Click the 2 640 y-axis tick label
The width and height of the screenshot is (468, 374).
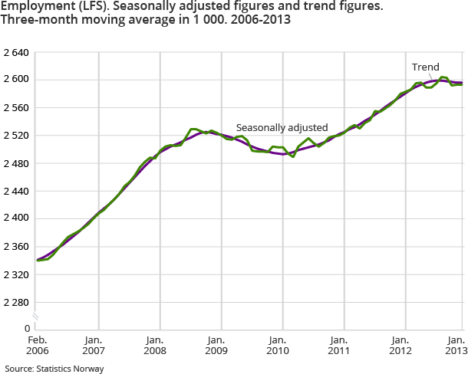coord(15,53)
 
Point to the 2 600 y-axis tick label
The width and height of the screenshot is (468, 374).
coord(15,80)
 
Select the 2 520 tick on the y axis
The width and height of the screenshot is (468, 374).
coord(15,136)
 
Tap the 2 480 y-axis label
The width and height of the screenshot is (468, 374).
coord(15,163)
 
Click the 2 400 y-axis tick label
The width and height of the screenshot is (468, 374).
coord(15,218)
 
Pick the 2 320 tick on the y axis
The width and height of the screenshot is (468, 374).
coord(15,274)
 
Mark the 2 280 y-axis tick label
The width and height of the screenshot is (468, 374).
coord(15,301)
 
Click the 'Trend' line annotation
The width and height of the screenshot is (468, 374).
coord(425,67)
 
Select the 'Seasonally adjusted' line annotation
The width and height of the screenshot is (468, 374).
coord(282,127)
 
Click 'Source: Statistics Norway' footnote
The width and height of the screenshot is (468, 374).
coord(54,369)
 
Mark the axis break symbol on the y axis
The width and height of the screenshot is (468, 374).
coord(35,317)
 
